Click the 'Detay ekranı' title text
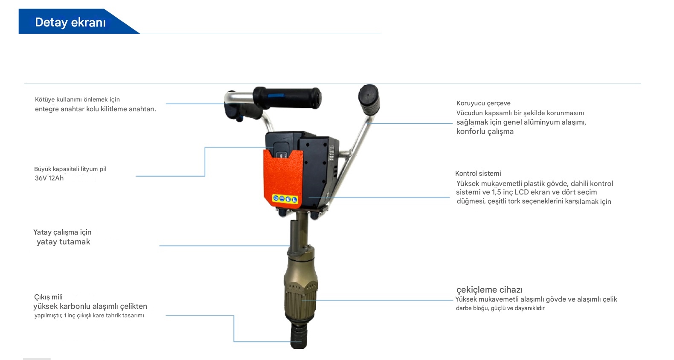[x=70, y=23]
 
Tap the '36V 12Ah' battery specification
[x=49, y=178]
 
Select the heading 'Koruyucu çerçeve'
[x=483, y=104]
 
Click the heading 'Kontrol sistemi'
[x=478, y=173]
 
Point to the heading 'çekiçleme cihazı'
[x=490, y=290]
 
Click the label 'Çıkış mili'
[x=49, y=297]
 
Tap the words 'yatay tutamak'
[x=63, y=242]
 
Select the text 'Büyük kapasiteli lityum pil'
[x=70, y=169]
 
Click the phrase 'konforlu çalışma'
[x=485, y=131]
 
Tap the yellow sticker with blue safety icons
[x=285, y=199]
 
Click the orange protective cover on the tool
[x=283, y=177]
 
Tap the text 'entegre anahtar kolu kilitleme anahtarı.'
[x=96, y=109]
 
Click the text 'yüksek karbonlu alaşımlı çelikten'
[x=90, y=306]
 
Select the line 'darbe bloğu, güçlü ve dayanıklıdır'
[x=500, y=308]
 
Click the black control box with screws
[x=320, y=171]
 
